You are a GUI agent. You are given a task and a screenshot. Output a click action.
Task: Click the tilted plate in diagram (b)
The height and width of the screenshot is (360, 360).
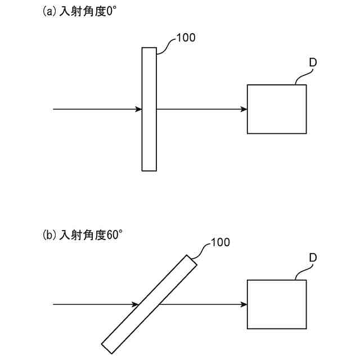pyautogui.click(x=149, y=304)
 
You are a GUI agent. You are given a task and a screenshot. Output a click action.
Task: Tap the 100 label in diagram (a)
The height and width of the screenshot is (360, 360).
pyautogui.click(x=186, y=38)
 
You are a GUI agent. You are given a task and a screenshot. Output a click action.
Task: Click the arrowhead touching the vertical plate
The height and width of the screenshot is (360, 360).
pyautogui.click(x=138, y=109)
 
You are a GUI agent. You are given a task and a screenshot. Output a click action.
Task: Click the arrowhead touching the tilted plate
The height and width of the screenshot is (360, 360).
pyautogui.click(x=136, y=304)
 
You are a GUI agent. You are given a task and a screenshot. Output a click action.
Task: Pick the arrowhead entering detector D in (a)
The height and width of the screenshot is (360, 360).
pyautogui.click(x=244, y=109)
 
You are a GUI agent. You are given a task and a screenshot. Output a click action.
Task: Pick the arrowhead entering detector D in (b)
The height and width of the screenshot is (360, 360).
pyautogui.click(x=244, y=304)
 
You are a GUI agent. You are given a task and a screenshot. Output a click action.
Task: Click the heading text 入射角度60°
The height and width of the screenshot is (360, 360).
pyautogui.click(x=91, y=235)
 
